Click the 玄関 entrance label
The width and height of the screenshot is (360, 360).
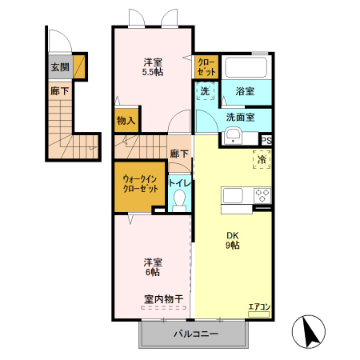tap(59, 68)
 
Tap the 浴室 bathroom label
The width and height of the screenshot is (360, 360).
tap(245, 92)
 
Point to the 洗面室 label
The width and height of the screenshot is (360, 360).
tap(240, 117)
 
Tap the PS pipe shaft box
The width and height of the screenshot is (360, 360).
tap(266, 140)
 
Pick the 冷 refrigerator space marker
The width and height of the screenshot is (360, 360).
tap(261, 159)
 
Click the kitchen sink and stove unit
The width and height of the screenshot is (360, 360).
tap(246, 196)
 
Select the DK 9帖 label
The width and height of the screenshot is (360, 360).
tap(232, 239)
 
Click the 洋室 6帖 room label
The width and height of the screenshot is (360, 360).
tap(152, 266)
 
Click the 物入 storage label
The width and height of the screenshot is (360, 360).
tap(126, 121)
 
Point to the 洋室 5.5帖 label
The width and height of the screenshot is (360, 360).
tap(152, 67)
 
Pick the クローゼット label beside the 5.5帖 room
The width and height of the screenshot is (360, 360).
tap(206, 66)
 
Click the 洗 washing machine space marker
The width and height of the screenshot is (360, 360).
tap(205, 92)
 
